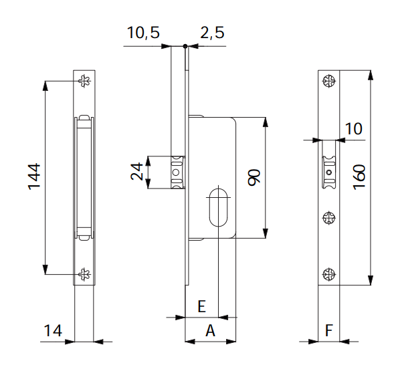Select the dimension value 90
tap(254, 177)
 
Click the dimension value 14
tap(54, 330)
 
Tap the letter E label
tap(201, 307)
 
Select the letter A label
tap(209, 330)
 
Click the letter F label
tap(328, 330)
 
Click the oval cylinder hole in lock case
tap(217, 207)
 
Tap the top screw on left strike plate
tap(84, 82)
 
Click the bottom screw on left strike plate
tap(84, 273)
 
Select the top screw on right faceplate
tap(328, 82)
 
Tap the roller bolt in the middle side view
tap(176, 172)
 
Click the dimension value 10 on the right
tap(354, 128)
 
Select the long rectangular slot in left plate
tap(84, 177)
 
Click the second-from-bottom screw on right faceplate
tap(328, 217)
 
